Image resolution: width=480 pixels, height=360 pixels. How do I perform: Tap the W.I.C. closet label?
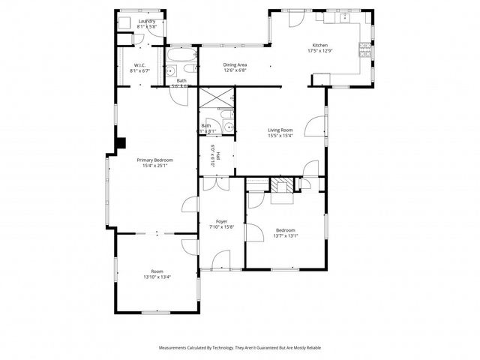[x=140, y=67]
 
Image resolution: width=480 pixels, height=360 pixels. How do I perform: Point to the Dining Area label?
[x=235, y=65]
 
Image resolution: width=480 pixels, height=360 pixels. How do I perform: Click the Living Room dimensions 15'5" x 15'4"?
[x=280, y=136]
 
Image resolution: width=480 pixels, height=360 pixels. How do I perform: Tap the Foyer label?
[x=222, y=221]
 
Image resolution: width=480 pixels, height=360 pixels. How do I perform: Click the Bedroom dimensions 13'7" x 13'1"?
[x=285, y=235]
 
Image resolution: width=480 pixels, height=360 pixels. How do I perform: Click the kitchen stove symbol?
[x=366, y=49]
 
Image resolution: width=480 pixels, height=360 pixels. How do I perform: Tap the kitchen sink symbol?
[x=346, y=19]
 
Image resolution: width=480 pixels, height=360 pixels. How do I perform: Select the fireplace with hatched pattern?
[x=283, y=186]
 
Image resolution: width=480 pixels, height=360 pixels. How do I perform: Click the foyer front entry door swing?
[x=221, y=260]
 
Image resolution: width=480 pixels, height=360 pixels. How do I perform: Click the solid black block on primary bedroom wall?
[x=119, y=143]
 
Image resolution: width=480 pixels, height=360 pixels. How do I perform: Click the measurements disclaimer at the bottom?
[x=239, y=348]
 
